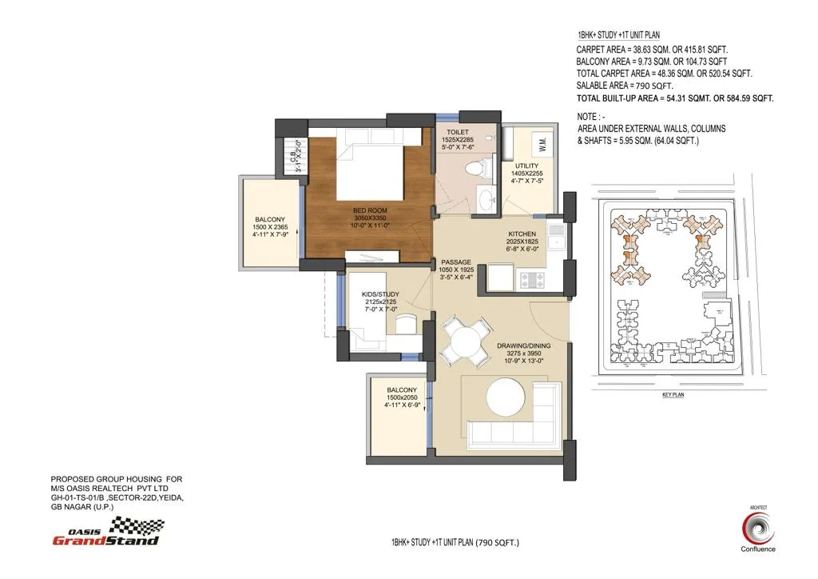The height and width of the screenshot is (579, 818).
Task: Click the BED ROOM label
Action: click(370, 212)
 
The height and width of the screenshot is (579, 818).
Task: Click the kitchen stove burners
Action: click(530, 279)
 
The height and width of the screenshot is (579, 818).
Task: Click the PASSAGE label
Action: click(455, 262)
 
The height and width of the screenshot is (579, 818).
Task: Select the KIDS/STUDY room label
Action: click(380, 294)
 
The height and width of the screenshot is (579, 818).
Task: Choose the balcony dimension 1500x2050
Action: click(402, 397)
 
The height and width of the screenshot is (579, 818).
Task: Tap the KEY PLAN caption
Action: click(673, 395)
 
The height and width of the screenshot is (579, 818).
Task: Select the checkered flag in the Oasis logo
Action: click(141, 526)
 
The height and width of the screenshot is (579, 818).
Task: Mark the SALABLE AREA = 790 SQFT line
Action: click(625, 86)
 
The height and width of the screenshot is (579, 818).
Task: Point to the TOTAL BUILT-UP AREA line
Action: click(675, 98)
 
